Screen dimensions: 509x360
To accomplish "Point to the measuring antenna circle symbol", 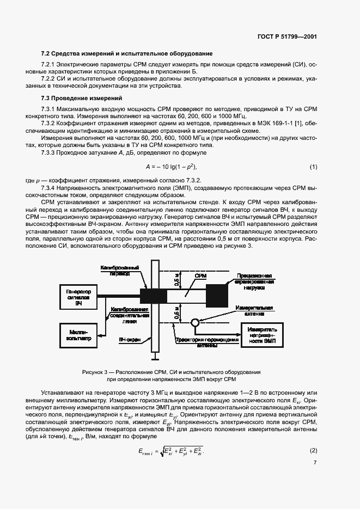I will (x=193, y=322).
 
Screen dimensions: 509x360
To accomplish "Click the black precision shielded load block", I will (x=217, y=295).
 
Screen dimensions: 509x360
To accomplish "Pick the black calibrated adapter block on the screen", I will (x=154, y=296).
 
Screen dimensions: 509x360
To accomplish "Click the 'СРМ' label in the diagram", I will (x=200, y=277).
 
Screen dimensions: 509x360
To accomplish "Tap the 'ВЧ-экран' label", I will (x=130, y=339).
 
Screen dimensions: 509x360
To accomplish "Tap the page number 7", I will (x=315, y=463).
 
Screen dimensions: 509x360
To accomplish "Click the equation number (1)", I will (x=313, y=167).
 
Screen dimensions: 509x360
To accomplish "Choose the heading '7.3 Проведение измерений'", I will (x=82, y=98).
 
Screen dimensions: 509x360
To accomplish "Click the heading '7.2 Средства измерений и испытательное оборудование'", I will (x=126, y=53).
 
